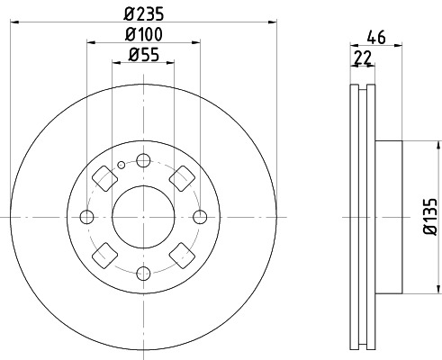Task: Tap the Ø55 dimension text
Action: [x=143, y=56]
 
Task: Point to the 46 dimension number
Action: [x=377, y=39]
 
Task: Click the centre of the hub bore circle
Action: [x=144, y=216]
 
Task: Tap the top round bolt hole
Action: [x=144, y=160]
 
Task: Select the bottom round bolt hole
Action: [x=144, y=272]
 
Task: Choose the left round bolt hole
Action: [x=87, y=216]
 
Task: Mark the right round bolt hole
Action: [x=200, y=216]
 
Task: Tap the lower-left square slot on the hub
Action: [x=104, y=256]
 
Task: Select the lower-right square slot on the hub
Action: [x=184, y=256]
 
